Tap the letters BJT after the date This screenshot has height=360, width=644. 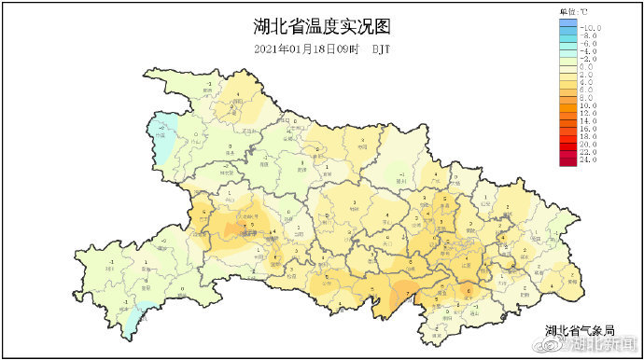[x=381, y=48]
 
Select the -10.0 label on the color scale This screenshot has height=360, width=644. [x=592, y=28]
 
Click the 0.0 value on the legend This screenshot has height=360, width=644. [x=588, y=67]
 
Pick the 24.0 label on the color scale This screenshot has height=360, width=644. [x=590, y=160]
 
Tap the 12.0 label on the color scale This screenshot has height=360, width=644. [x=590, y=114]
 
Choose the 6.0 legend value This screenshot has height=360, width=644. [x=588, y=90]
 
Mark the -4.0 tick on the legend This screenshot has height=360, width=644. [x=590, y=51]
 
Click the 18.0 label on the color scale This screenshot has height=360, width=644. [x=590, y=137]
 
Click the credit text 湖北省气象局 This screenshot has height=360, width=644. [x=581, y=330]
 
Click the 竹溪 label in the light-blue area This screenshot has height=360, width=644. [x=161, y=134]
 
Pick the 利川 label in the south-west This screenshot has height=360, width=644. [x=109, y=268]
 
